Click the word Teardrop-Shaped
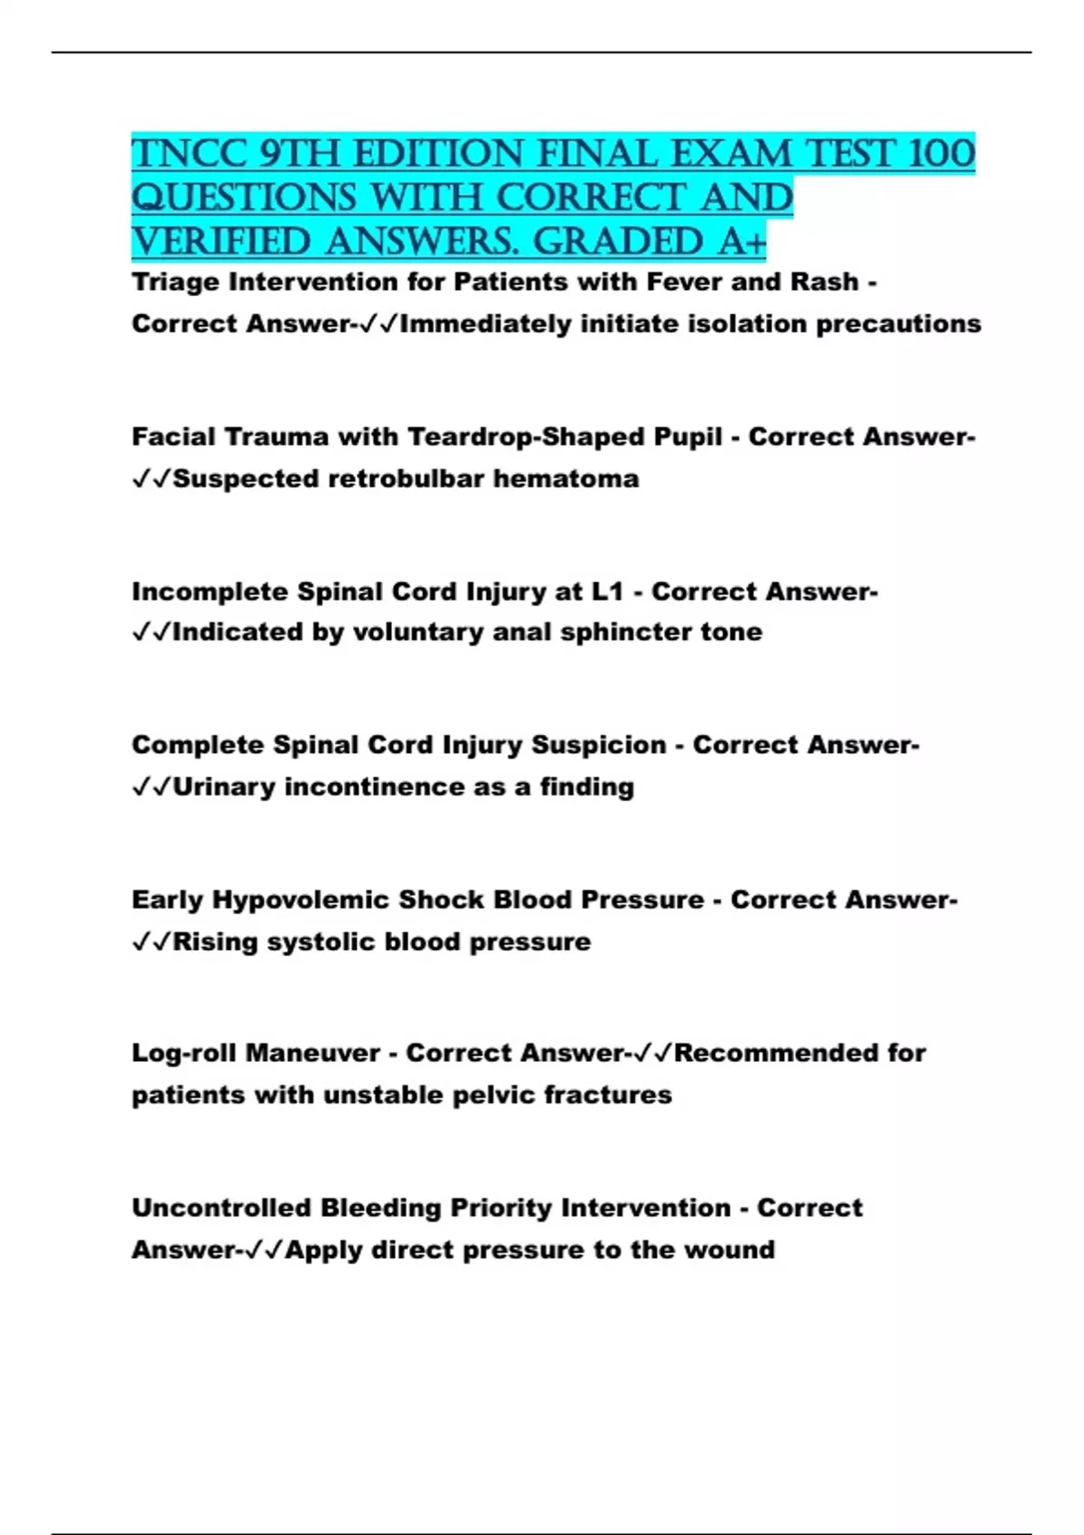(565, 437)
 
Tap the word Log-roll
(184, 1054)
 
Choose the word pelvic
(493, 1095)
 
